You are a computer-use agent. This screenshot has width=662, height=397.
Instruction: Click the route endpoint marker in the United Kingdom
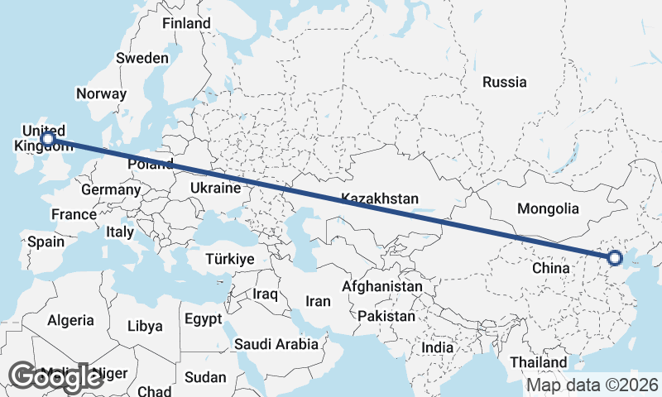[x=49, y=139]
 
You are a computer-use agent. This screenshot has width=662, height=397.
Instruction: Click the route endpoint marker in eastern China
[x=614, y=258]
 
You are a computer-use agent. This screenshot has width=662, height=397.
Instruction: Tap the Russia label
[x=504, y=82]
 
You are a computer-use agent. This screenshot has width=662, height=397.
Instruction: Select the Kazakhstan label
[x=380, y=199]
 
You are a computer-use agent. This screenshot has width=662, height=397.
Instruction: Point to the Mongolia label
[x=547, y=208]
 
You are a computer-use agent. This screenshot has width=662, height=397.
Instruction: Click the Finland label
[x=186, y=23]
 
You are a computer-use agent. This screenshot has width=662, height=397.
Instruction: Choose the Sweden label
[x=142, y=58]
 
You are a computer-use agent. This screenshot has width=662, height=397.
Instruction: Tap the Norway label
[x=101, y=93]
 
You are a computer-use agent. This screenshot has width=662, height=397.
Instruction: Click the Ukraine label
[x=215, y=189]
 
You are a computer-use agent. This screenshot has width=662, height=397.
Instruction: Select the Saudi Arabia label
[x=276, y=344]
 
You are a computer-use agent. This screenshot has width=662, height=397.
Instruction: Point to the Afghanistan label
[x=383, y=286]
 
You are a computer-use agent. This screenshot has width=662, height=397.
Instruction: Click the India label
[x=438, y=348]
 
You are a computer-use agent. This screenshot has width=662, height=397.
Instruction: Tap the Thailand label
[x=539, y=362]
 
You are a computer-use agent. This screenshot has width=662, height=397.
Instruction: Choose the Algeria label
[x=70, y=320]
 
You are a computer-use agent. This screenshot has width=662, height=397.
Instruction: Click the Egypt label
[x=203, y=318]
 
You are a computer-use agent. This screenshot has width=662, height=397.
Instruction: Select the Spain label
[x=46, y=242]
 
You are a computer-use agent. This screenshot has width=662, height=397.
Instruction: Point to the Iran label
[x=319, y=301]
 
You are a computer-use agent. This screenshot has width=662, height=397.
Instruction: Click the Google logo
[x=56, y=376]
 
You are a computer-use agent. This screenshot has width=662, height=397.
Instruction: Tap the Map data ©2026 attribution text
[x=592, y=385]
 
